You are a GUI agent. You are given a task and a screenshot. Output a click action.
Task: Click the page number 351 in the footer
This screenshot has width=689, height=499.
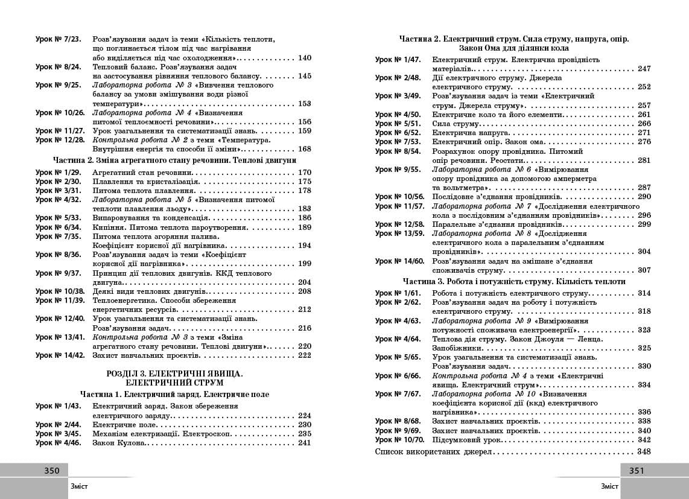pyautogui.click(x=637, y=471)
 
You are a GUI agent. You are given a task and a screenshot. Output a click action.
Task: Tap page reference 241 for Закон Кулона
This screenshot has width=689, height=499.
pyautogui.click(x=304, y=442)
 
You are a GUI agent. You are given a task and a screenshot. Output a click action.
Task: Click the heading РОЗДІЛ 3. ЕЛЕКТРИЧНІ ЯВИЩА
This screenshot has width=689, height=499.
pyautogui.click(x=174, y=373)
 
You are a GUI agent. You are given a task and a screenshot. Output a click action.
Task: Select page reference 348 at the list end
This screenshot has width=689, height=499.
pyautogui.click(x=644, y=451)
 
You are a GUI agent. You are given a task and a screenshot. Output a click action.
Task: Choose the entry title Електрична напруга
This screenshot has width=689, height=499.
pyautogui.click(x=463, y=133)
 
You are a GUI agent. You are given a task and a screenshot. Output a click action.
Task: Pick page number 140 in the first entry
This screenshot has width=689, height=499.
pyautogui.click(x=304, y=58)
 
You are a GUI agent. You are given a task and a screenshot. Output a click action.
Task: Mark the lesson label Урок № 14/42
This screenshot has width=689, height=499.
pyautogui.click(x=60, y=355)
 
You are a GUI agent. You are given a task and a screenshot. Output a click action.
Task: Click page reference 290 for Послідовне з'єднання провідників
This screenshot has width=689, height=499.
pyautogui.click(x=644, y=197)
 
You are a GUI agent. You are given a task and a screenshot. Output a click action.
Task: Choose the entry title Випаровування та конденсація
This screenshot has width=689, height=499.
pyautogui.click(x=151, y=218)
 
